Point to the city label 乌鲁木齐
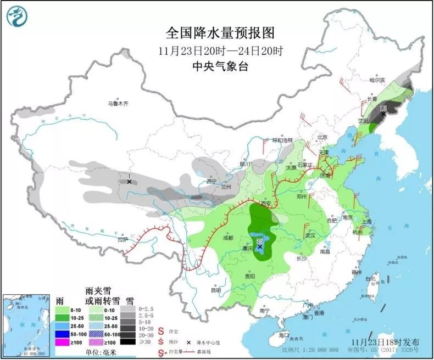click(x=118, y=103)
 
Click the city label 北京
click(x=322, y=137)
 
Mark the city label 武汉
click(x=311, y=235)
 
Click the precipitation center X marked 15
click(x=383, y=114)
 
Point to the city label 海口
click(x=283, y=334)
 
